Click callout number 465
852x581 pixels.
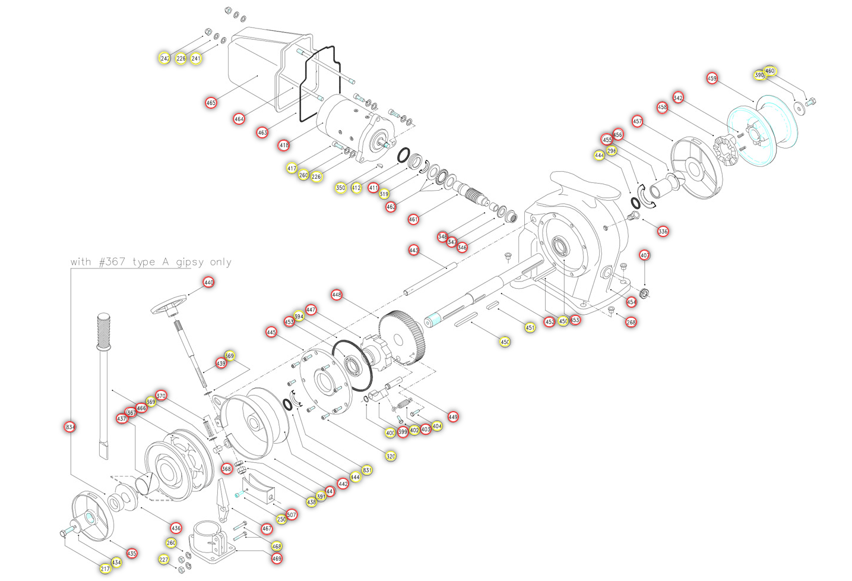click(x=211, y=103)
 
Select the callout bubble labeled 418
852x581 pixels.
click(x=284, y=145)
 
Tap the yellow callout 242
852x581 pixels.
click(x=164, y=58)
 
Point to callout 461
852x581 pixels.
click(x=413, y=219)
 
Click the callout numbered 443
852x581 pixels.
click(x=414, y=250)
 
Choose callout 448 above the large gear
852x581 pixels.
click(x=337, y=295)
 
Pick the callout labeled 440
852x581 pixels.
click(x=208, y=282)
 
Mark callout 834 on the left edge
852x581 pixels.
click(x=70, y=427)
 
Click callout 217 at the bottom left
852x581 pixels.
click(x=105, y=569)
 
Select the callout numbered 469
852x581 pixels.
click(x=277, y=558)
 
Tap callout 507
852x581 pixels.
click(x=292, y=514)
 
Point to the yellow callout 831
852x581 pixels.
click(x=368, y=470)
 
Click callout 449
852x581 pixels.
click(x=453, y=417)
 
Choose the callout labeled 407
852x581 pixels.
click(x=645, y=255)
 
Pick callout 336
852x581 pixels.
click(x=663, y=231)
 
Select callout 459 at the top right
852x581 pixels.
click(x=712, y=78)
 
